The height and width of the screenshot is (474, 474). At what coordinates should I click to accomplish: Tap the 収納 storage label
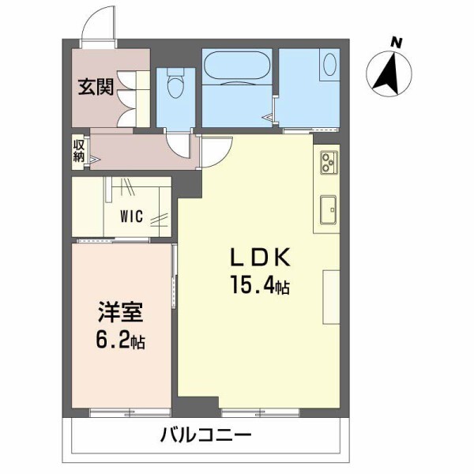tap(79, 150)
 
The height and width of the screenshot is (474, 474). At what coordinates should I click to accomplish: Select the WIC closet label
tap(131, 215)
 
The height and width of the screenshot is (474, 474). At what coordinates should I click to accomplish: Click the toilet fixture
tap(175, 82)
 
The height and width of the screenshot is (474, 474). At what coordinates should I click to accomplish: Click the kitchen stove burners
tap(327, 163)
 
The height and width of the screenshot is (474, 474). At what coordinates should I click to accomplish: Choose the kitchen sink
tap(328, 209)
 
